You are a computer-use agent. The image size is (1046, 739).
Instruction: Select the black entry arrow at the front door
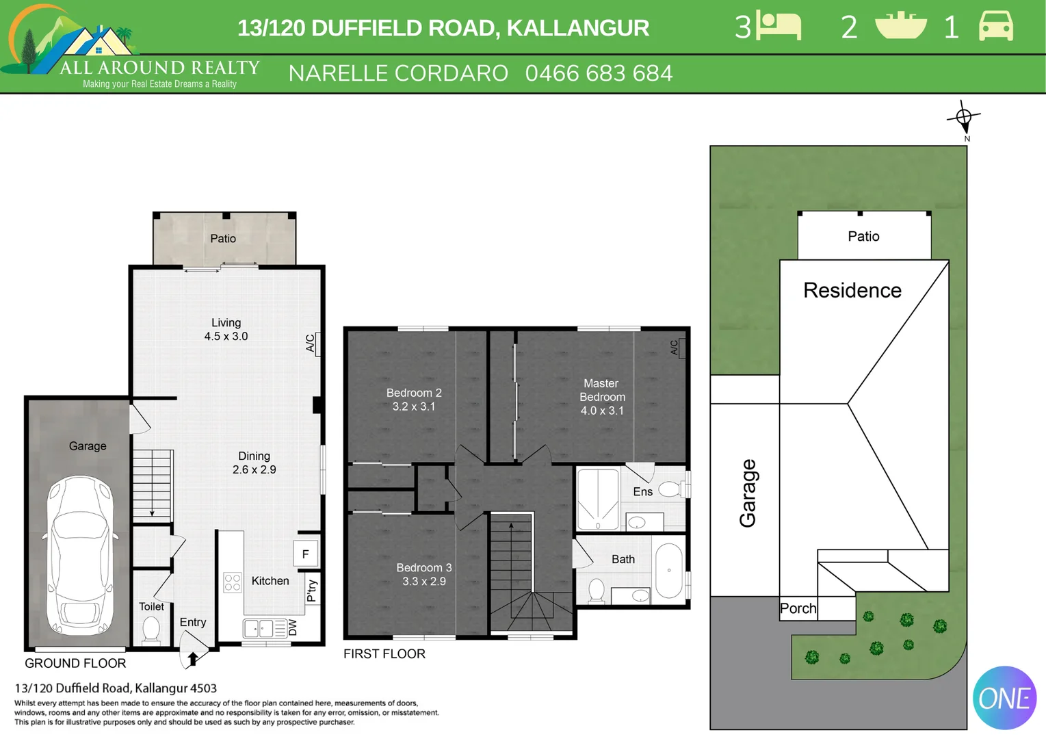point(193,659)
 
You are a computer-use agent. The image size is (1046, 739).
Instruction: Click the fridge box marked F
point(305,554)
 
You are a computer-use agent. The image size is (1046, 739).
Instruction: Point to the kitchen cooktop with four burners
point(233,582)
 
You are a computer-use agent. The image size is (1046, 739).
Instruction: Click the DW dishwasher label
point(293,627)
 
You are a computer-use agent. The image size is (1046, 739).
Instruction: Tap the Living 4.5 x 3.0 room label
point(226,329)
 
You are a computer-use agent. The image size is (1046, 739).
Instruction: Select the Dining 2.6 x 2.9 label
point(254,463)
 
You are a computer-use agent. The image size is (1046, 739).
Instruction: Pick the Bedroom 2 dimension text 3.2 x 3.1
point(413,406)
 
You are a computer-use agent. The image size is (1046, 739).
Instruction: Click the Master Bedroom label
point(601,390)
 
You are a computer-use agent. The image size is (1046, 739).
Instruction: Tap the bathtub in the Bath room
point(668,571)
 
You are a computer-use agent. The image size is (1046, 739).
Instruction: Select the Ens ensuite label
point(642,491)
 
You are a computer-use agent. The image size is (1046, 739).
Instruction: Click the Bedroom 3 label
point(423,567)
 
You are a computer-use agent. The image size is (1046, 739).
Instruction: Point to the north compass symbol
point(964,118)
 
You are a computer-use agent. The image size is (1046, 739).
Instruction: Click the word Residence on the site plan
point(852,290)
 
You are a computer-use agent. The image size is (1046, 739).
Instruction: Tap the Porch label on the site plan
point(798,608)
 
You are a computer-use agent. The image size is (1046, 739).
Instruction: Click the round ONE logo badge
point(1004,698)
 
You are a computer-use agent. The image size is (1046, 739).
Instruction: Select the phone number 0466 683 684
point(599,73)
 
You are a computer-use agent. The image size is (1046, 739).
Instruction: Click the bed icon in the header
point(779,27)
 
